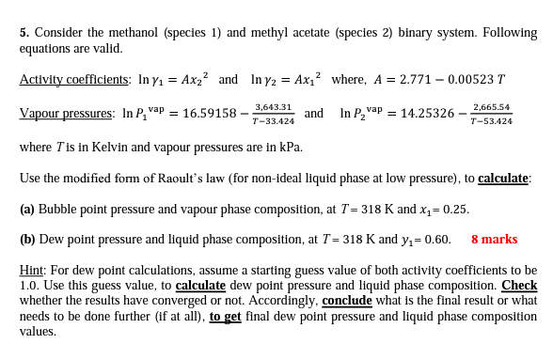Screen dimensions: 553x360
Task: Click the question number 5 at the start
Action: (24, 32)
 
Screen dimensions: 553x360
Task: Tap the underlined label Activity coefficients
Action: (73, 80)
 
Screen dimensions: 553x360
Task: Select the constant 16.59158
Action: (208, 114)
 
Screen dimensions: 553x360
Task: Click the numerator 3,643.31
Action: (274, 107)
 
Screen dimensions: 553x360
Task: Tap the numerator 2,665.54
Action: (492, 107)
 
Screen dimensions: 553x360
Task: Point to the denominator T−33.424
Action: (274, 121)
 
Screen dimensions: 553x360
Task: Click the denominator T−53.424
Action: (492, 121)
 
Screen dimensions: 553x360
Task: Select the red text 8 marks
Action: (494, 239)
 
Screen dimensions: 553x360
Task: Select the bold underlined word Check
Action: (519, 285)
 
